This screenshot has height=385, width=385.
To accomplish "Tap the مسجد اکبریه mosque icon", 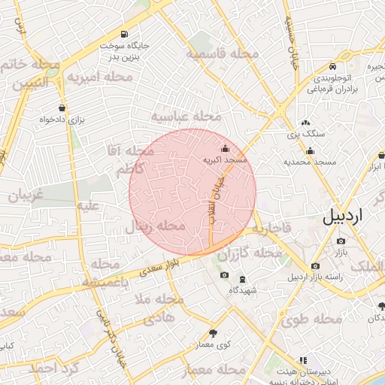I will [x=225, y=149].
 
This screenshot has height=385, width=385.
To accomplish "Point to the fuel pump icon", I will [x=123, y=34].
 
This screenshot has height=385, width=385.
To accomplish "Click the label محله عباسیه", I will [x=186, y=117].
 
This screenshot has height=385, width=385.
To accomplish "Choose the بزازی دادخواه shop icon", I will [x=62, y=108].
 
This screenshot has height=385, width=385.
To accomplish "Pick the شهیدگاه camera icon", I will [x=224, y=276].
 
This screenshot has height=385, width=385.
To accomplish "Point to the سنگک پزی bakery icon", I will [x=305, y=122].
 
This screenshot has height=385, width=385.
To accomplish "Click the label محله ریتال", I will [x=154, y=225].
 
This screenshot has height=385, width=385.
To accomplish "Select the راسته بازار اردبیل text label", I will [x=332, y=277].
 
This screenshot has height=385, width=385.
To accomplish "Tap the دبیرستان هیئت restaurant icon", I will [x=303, y=360].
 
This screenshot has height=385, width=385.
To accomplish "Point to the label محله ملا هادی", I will [x=159, y=309].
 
